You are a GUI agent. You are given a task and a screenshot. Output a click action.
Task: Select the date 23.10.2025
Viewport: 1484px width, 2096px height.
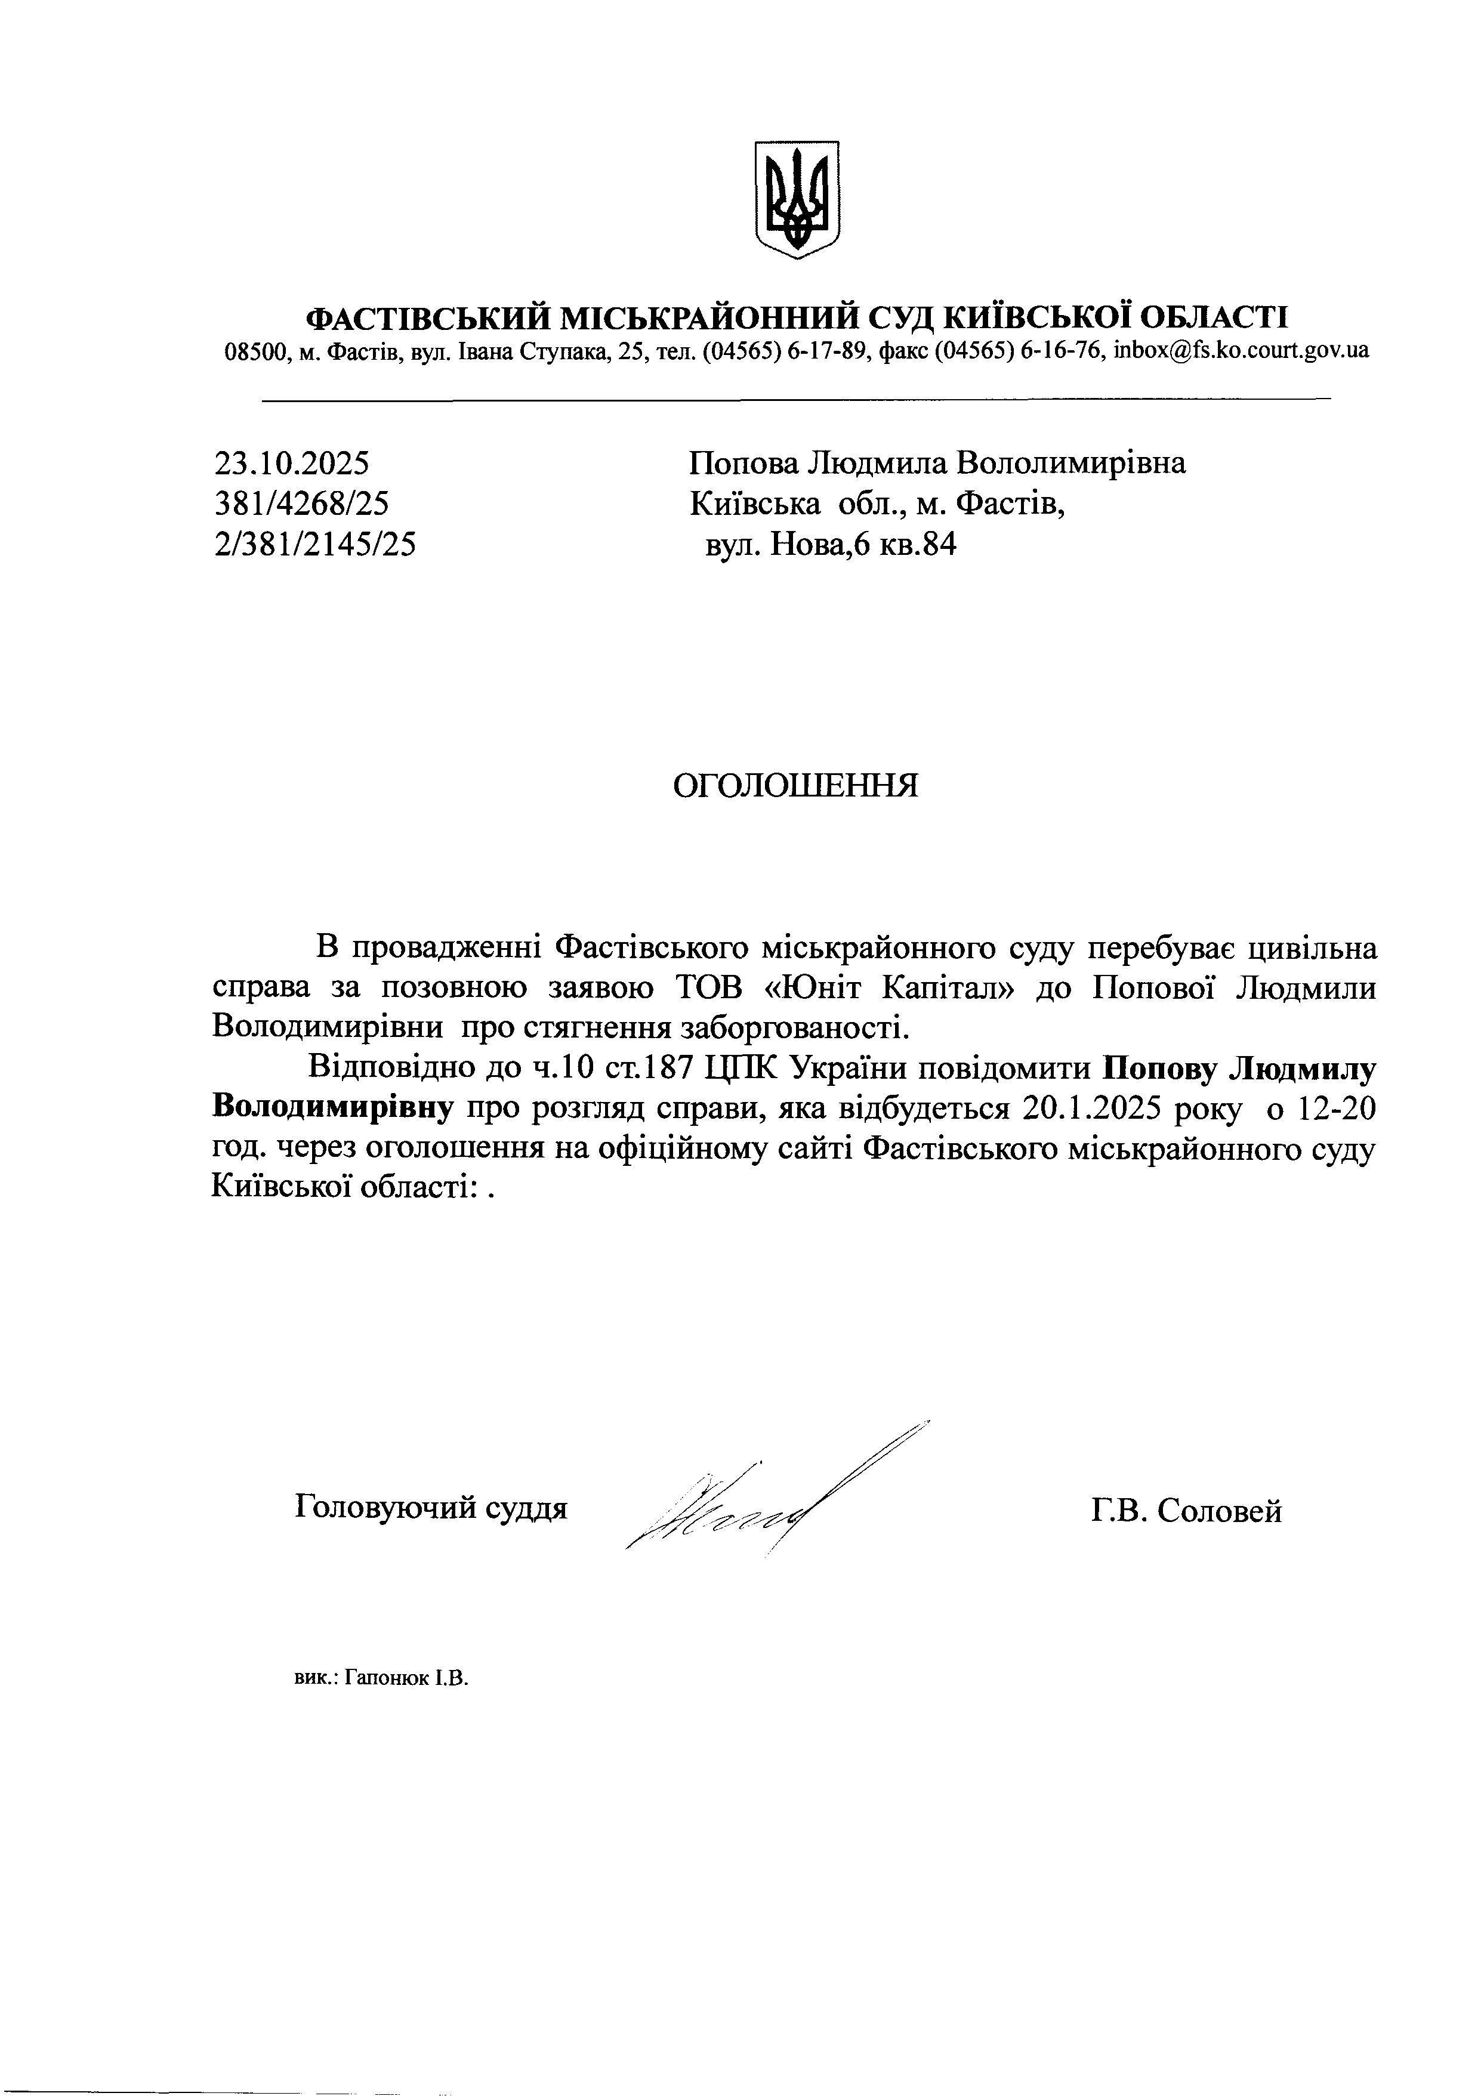(x=292, y=463)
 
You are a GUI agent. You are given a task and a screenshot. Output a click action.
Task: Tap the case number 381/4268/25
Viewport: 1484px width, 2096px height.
(x=301, y=504)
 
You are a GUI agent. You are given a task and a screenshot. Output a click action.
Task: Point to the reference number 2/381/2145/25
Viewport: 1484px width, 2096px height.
(x=314, y=545)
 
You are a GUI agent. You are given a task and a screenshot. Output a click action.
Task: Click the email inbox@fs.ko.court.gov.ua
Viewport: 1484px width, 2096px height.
(x=1241, y=351)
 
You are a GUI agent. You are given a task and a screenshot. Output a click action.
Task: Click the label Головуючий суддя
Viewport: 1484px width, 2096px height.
(x=431, y=1508)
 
